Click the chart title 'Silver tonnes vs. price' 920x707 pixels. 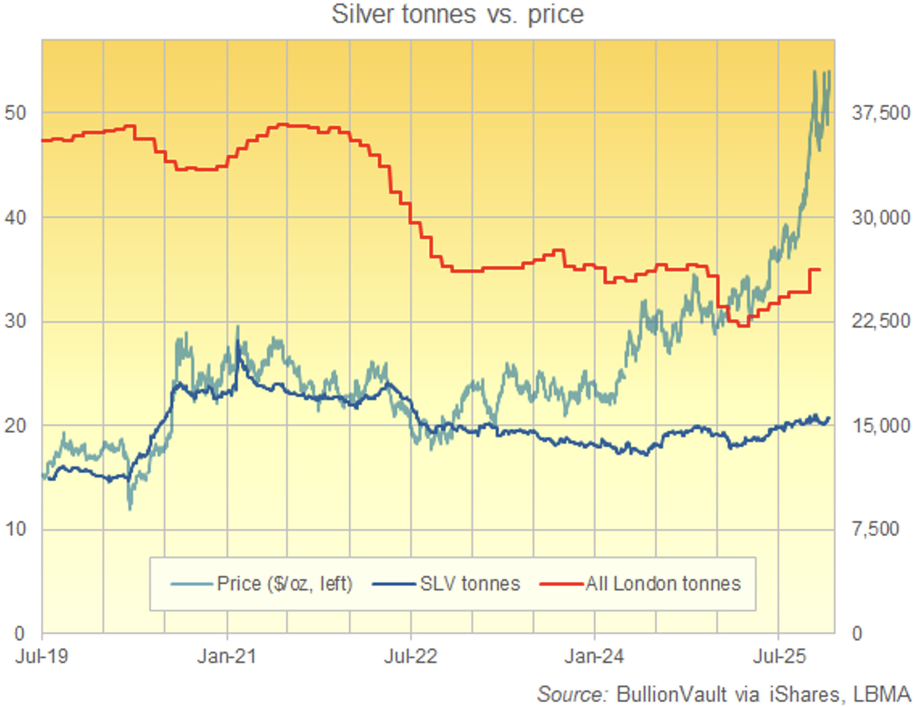coord(457,14)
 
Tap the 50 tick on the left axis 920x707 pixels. coord(15,113)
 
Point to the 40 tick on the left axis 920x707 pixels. coord(15,217)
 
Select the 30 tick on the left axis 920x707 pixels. coord(15,321)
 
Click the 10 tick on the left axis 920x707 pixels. coord(15,529)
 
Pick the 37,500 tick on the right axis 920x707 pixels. coord(880,113)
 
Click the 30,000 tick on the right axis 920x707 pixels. coord(880,217)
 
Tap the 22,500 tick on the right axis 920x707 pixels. coord(880,321)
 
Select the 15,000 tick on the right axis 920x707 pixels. coord(880,425)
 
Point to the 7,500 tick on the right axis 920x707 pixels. coord(875,529)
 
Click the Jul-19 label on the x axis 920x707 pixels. coord(42,656)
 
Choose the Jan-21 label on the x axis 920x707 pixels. coord(227,656)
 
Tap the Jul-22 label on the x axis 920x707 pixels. coord(411,656)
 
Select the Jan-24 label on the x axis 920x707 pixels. coord(594,656)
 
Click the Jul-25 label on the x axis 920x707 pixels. coord(779,656)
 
